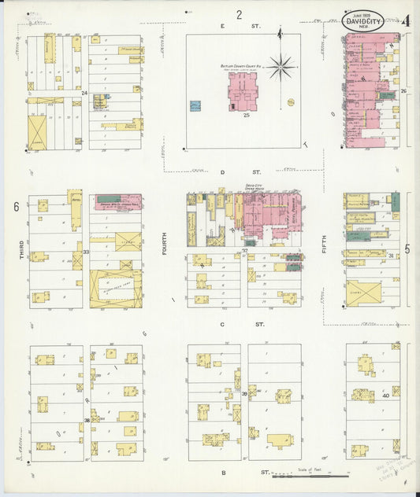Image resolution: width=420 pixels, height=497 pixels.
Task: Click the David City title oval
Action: coord(363,23)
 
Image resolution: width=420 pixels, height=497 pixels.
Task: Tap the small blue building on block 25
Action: coord(195,106)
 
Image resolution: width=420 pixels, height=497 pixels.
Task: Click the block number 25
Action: coord(246,116)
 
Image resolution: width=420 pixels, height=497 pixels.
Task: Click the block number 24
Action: coord(84,93)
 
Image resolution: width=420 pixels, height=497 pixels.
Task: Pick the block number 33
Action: coord(86,252)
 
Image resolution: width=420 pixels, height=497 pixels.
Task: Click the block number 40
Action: coord(386,396)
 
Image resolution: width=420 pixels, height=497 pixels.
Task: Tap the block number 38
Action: coord(86,421)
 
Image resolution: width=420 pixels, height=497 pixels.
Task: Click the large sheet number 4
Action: coord(406,21)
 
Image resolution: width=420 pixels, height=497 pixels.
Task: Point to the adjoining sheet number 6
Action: coord(16,207)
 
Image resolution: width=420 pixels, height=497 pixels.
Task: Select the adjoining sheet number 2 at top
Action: coord(239,14)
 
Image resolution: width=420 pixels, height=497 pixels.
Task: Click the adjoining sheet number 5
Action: coord(407,249)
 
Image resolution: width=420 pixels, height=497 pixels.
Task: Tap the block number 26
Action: coord(403,92)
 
